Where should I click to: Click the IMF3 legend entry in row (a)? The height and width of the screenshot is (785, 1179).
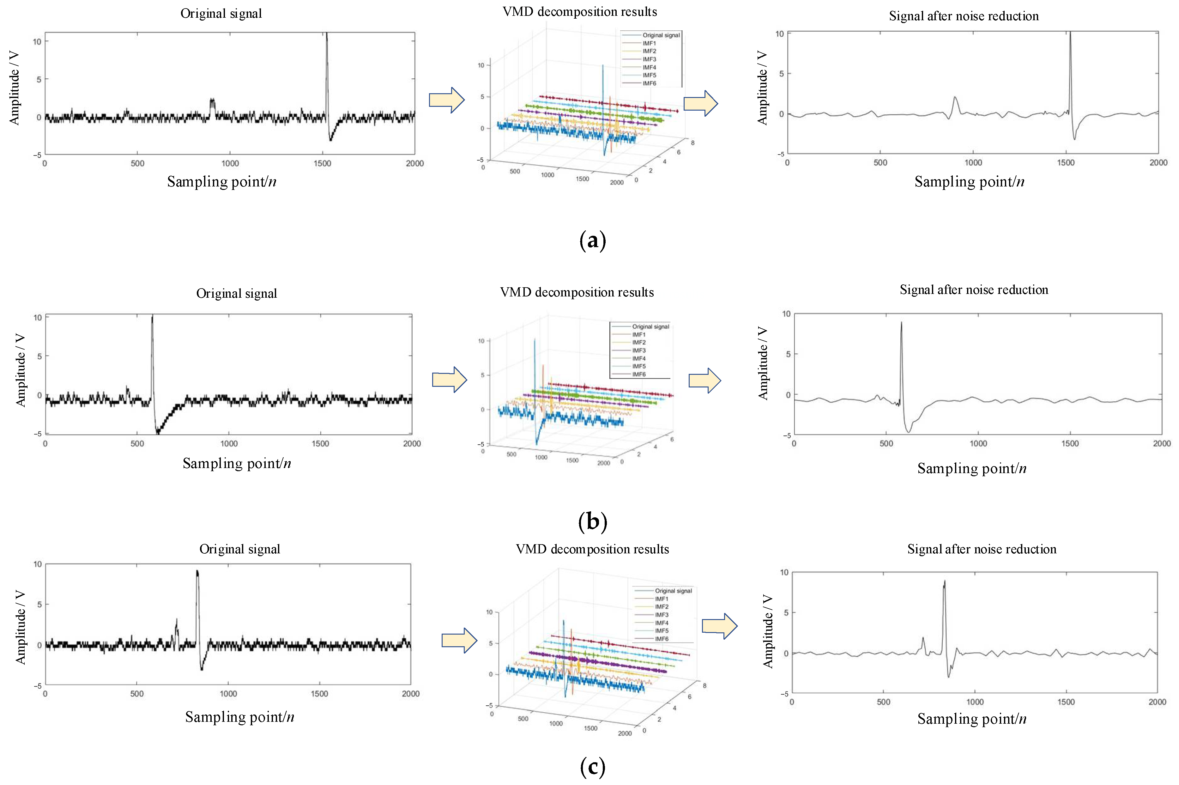pos(649,59)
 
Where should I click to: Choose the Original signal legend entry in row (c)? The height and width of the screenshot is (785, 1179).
pos(673,591)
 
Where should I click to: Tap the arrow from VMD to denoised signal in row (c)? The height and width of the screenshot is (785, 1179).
pos(719,626)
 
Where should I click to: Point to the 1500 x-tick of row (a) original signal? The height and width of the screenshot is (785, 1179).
pos(322,163)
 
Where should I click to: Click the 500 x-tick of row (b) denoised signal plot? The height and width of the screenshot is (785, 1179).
pos(886,444)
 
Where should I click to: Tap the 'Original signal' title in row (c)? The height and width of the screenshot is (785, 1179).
pos(240,549)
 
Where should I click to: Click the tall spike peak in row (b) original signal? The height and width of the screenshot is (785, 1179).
pos(152,316)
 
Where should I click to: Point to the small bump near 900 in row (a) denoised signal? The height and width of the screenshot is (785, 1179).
pos(955,98)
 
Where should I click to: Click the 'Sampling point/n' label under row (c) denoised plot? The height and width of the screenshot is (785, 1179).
pos(971,719)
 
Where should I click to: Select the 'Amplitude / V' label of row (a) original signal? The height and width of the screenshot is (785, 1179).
pos(14,88)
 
